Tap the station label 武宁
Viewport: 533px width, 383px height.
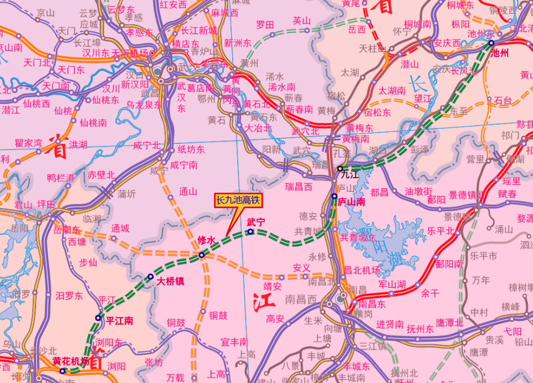tap(256, 222)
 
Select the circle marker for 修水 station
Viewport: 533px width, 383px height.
tap(202, 256)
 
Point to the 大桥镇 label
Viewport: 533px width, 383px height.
tap(170, 280)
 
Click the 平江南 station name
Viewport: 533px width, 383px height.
tap(119, 321)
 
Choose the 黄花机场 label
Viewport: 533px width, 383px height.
tap(70, 361)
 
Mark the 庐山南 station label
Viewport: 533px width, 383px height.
tap(352, 201)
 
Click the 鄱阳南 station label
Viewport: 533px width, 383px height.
tap(449, 263)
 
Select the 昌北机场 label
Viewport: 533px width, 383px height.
tap(362, 270)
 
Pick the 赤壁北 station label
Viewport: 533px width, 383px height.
tap(101, 175)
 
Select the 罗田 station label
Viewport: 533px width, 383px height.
tap(265, 25)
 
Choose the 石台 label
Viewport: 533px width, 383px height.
tap(503, 100)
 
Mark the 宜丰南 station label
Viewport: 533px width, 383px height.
tap(234, 342)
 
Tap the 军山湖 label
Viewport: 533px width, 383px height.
tap(392, 284)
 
